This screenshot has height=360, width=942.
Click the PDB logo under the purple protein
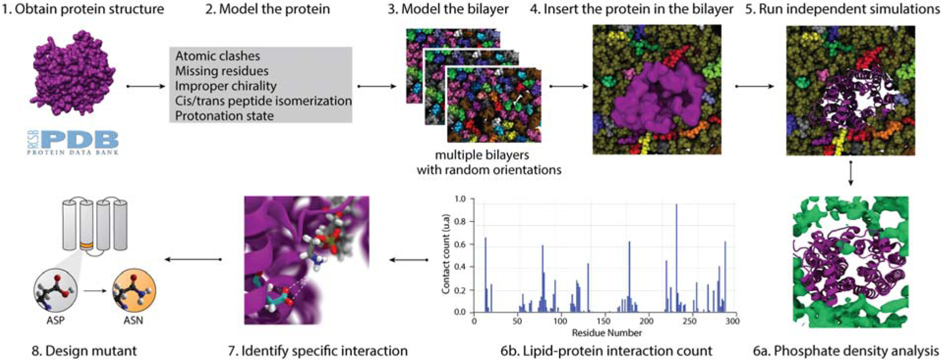pos(73,142)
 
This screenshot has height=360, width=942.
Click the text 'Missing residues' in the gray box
pos(222,71)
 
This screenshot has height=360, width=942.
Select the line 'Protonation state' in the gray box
pos(224,116)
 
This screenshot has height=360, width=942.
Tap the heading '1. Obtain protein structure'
pos(83,9)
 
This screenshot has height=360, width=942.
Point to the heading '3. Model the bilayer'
pos(448,9)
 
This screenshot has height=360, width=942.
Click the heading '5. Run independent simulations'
pos(842,9)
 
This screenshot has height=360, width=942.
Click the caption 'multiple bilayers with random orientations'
pos(488,162)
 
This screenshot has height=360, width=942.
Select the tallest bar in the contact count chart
pos(676,258)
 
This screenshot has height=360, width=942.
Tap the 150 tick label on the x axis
pos(603,321)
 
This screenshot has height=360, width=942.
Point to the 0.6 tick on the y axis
pos(459,245)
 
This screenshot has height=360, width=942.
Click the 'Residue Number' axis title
pos(607,333)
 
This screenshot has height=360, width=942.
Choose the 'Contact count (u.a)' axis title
pos(446,254)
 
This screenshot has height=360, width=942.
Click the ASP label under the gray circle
pos(55,320)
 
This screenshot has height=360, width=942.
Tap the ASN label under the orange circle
pos(133,320)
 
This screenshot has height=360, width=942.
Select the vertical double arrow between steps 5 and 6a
pos(851,171)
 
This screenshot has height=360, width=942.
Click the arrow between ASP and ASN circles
pos(95,291)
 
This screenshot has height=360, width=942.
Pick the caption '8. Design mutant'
pos(84,351)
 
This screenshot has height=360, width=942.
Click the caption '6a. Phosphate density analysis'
pos(846,351)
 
